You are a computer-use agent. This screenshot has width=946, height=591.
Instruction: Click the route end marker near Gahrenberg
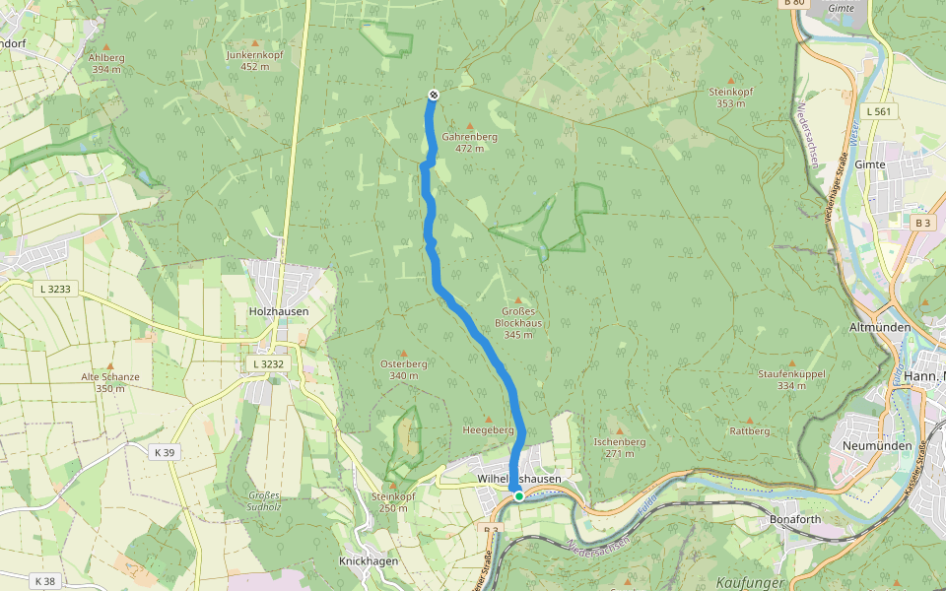[433, 95]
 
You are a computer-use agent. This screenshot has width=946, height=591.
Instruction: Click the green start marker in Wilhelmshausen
[518, 495]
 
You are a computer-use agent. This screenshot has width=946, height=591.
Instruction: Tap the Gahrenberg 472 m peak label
[469, 142]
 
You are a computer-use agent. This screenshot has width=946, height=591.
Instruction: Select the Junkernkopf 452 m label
[254, 60]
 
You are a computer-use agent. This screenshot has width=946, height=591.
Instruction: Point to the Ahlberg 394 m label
[106, 63]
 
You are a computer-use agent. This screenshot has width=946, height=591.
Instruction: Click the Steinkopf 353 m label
[731, 97]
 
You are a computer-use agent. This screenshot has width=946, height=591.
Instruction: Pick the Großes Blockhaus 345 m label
[518, 322]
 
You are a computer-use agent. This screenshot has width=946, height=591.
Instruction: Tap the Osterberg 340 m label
[404, 369]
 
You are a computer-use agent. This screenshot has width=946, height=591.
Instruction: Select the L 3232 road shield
[267, 364]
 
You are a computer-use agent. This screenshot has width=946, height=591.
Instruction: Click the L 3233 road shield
[58, 289]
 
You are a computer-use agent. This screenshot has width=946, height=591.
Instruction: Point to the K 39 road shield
[165, 452]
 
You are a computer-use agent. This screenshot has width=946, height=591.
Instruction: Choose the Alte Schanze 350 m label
[110, 382]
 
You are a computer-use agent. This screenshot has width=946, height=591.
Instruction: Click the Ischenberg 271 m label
[620, 448]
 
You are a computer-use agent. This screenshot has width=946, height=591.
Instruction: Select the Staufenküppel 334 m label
[791, 379]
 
